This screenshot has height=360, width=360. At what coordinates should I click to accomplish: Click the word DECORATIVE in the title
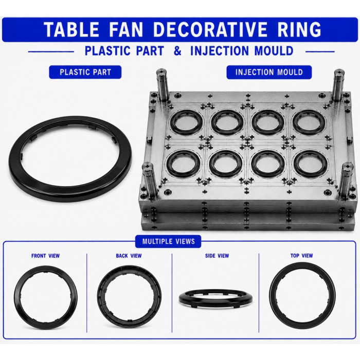tap(210, 29)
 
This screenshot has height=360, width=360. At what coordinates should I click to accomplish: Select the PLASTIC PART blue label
tap(85, 72)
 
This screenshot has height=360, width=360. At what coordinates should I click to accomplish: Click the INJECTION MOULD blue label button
tap(269, 72)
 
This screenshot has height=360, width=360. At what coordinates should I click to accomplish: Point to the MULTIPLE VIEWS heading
tap(168, 241)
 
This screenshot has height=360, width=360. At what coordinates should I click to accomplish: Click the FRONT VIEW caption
tap(45, 256)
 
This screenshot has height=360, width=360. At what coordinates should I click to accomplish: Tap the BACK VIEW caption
tap(129, 256)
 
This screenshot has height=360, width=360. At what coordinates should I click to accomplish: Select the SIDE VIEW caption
tap(217, 256)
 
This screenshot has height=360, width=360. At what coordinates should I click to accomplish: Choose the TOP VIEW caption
tap(302, 256)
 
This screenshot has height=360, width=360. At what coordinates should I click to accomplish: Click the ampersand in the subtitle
tap(177, 51)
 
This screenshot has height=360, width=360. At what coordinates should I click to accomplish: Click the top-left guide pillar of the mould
tap(163, 84)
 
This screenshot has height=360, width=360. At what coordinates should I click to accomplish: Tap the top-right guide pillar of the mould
tap(339, 85)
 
